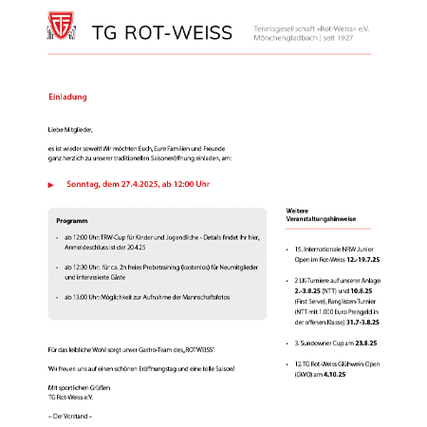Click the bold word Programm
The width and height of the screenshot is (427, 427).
[72, 218]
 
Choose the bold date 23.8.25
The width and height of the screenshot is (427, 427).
[365, 340]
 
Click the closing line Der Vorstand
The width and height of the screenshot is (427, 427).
[70, 416]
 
